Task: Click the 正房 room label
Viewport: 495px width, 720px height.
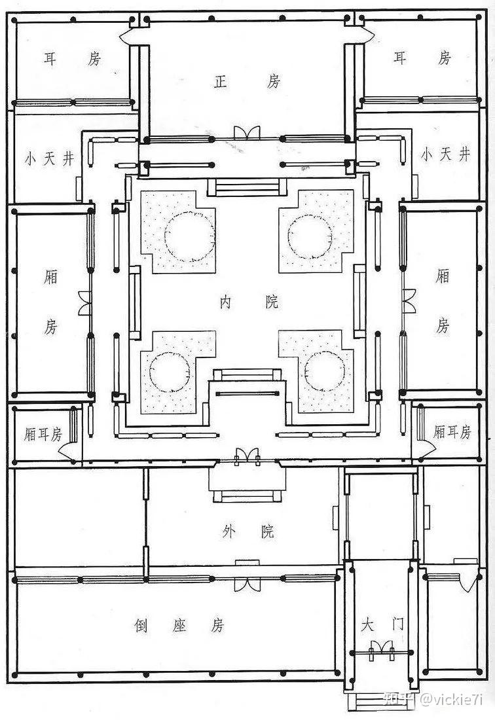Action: (247, 82)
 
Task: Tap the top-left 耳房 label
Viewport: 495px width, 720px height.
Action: (72, 59)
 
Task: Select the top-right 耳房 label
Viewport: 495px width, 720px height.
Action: (422, 58)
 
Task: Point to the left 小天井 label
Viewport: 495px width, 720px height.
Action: (49, 159)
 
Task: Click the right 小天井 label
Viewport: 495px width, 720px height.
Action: (445, 154)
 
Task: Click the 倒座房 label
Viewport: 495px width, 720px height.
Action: (179, 625)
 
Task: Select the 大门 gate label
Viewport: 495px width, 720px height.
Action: (382, 624)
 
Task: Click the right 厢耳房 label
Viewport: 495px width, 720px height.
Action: (452, 431)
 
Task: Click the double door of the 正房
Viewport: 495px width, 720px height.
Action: (247, 133)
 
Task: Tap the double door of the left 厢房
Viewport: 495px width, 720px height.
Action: (85, 304)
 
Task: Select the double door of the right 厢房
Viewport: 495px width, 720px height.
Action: (408, 301)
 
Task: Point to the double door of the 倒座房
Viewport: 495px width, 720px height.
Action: (247, 584)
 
